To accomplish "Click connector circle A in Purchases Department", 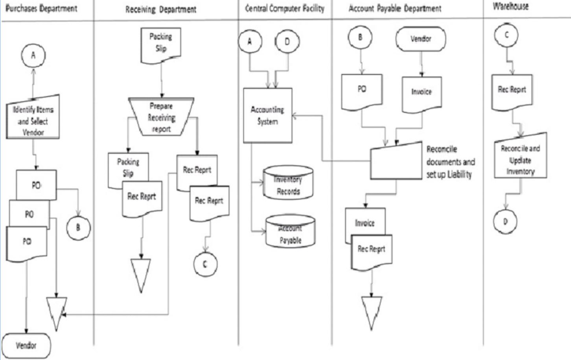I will click(33, 55).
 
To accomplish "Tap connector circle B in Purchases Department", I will click(78, 227).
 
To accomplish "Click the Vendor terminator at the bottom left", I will click(26, 346).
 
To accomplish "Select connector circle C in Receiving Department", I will click(205, 264).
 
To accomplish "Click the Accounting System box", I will click(268, 115).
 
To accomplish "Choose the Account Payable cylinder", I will click(290, 232).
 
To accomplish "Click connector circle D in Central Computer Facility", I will click(287, 41).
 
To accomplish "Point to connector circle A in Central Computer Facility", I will click(250, 41).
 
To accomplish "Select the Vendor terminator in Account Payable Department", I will click(421, 39).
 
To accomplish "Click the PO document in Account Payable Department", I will click(362, 92).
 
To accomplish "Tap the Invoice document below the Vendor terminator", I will click(422, 94).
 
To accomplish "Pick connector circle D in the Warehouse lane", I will click(506, 221).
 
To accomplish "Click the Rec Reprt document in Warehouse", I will click(512, 91).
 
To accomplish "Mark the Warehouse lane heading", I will click(510, 7).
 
